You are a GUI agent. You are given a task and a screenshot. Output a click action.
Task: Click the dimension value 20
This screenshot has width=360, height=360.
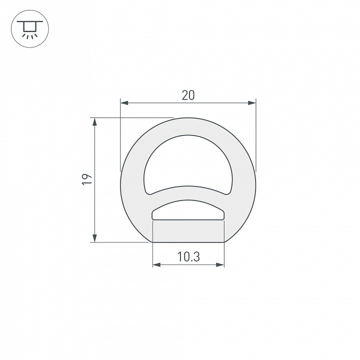point(188,95)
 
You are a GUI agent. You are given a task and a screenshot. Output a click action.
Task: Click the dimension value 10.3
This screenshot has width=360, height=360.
point(188,257)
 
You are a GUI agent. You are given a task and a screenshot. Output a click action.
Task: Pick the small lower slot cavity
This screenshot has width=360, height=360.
point(188,210)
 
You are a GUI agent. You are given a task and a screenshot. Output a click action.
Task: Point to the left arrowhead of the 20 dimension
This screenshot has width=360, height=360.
point(124,103)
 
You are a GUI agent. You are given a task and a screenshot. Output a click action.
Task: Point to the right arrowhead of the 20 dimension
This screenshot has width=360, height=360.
point(252,103)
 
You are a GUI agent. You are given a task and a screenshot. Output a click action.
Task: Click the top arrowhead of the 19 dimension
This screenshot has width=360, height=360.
point(94,122)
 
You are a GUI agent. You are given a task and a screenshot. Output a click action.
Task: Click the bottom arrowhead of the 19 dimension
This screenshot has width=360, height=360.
point(94,238)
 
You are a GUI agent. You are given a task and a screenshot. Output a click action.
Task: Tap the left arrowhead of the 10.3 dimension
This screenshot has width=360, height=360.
point(156,264)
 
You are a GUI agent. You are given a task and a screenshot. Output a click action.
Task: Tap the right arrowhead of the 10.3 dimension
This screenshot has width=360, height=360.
point(220,264)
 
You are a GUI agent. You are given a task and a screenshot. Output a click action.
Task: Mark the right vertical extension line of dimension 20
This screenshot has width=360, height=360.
point(256,135)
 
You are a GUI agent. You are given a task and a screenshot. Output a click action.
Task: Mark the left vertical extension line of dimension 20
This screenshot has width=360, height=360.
point(120,135)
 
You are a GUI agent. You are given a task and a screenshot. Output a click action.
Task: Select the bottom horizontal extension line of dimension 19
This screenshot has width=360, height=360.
point(120,242)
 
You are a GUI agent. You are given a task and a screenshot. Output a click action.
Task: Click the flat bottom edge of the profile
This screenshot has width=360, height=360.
point(188,242)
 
